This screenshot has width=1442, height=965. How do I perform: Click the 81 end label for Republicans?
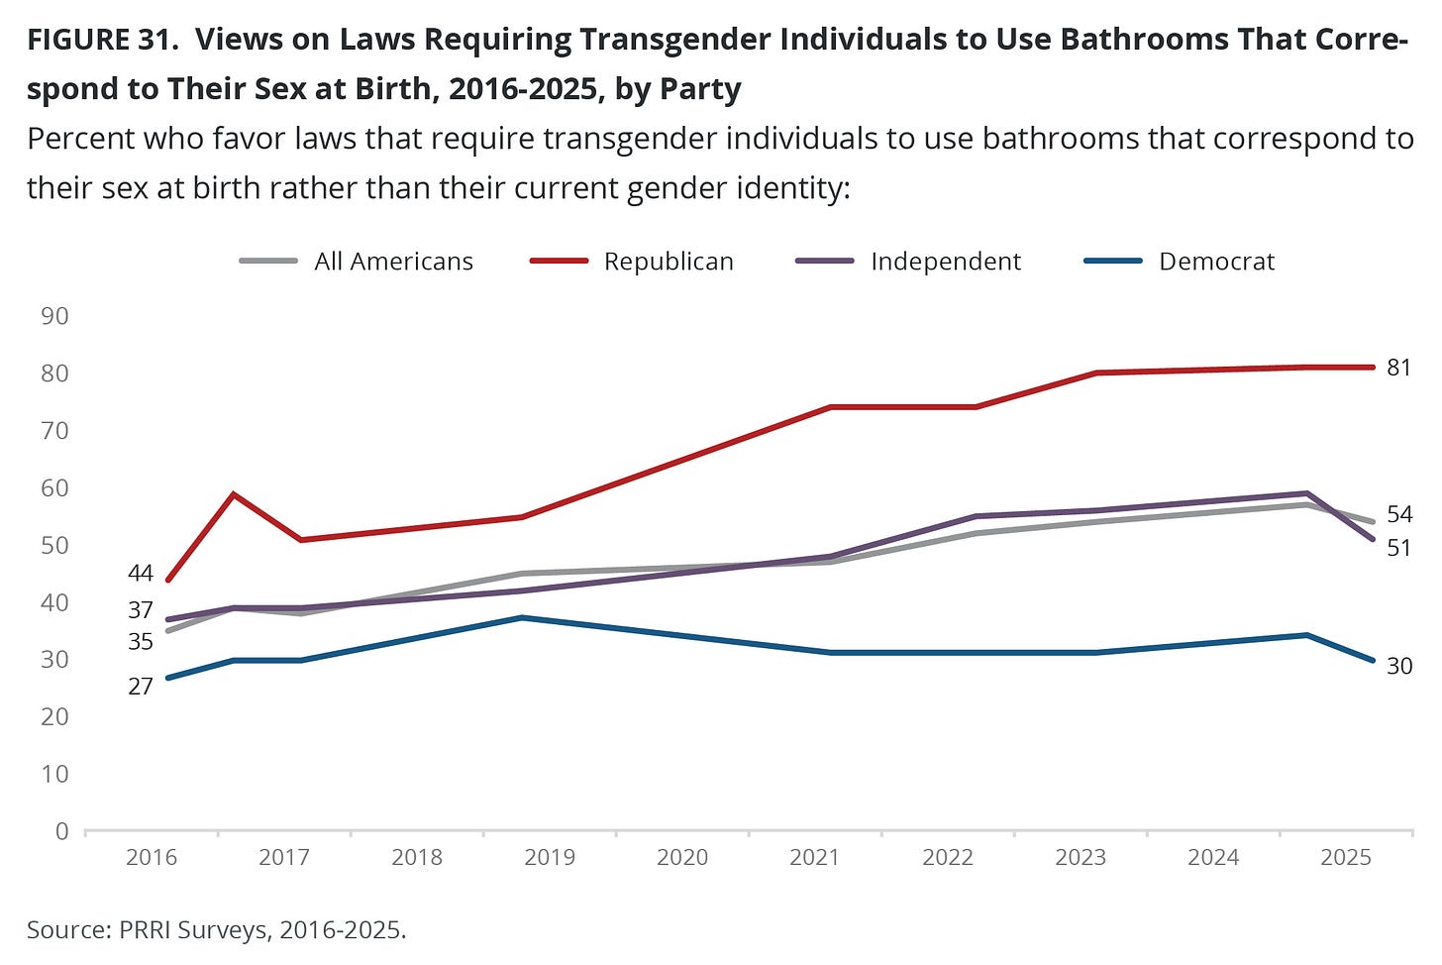[1398, 368]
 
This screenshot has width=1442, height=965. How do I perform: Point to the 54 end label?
[1398, 514]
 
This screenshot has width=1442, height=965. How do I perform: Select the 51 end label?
[1398, 548]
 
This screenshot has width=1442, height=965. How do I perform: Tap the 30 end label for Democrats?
[1398, 666]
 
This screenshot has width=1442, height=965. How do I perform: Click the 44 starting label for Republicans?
[141, 573]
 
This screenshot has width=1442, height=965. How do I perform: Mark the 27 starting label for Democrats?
[141, 686]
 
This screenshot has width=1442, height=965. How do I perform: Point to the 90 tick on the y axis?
[54, 316]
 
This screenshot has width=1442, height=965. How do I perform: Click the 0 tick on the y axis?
[61, 831]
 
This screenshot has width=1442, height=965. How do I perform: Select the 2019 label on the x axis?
[550, 857]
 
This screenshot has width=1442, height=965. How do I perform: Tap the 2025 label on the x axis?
[1346, 857]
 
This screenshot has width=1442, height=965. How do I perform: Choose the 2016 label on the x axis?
[152, 857]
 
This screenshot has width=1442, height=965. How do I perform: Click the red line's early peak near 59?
[233, 493]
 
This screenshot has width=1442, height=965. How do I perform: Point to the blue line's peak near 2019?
[522, 617]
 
